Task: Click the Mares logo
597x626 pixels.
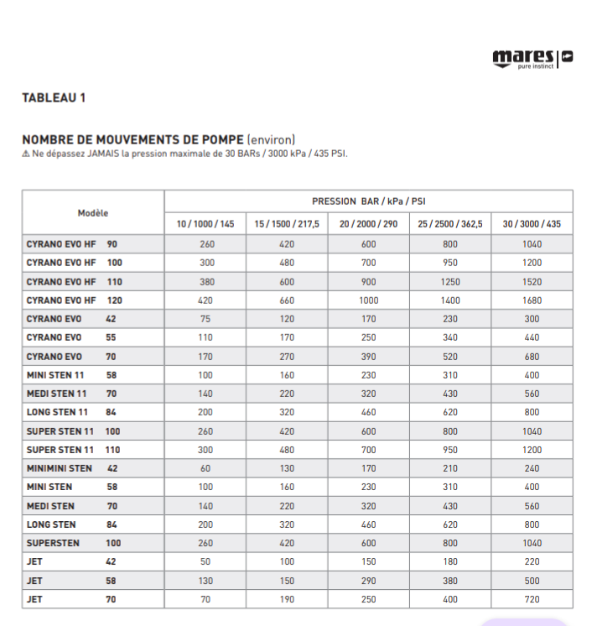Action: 532,58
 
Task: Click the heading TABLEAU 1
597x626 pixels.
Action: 54,98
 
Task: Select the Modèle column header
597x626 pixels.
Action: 93,213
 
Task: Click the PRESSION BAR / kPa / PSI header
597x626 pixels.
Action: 368,201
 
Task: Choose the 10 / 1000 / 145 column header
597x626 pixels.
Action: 205,224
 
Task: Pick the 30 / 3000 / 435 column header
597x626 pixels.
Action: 532,224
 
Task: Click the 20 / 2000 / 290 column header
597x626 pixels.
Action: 368,224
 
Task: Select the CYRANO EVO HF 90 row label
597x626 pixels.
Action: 72,244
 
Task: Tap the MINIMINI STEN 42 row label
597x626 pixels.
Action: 72,468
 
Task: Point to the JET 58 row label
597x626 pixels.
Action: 72,581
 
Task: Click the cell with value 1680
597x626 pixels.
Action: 532,300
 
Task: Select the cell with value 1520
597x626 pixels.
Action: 532,282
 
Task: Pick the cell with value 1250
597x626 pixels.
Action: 450,282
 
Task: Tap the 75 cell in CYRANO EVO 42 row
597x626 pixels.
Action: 206,319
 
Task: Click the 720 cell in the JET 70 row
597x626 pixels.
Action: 532,599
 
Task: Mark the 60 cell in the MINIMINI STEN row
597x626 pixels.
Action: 206,468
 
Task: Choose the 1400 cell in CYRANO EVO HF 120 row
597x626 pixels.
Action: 450,300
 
